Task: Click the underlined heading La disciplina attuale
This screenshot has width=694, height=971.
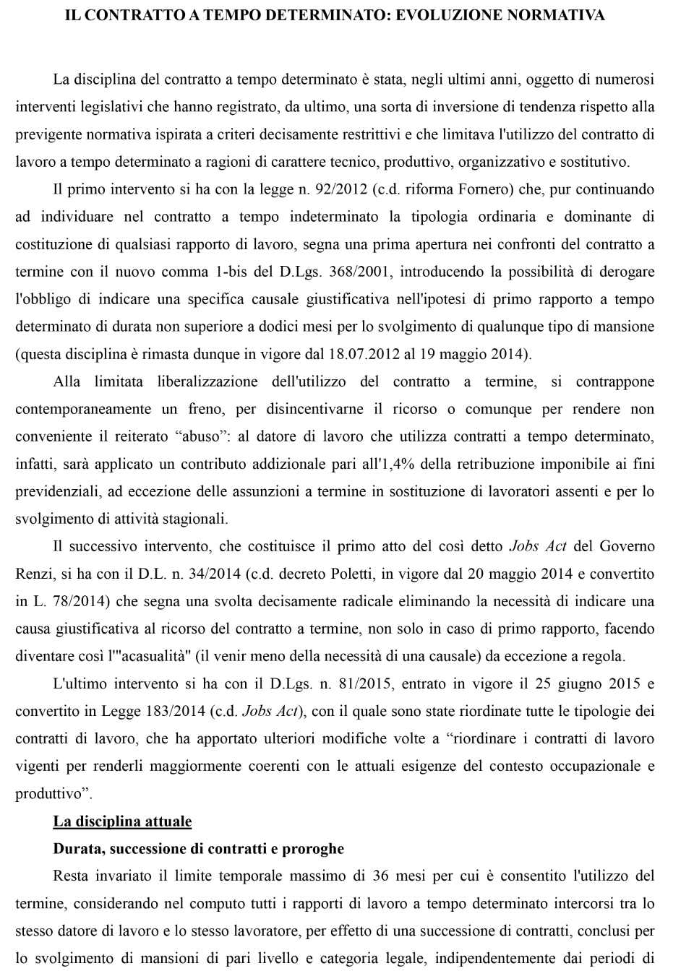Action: pyautogui.click(x=122, y=821)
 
